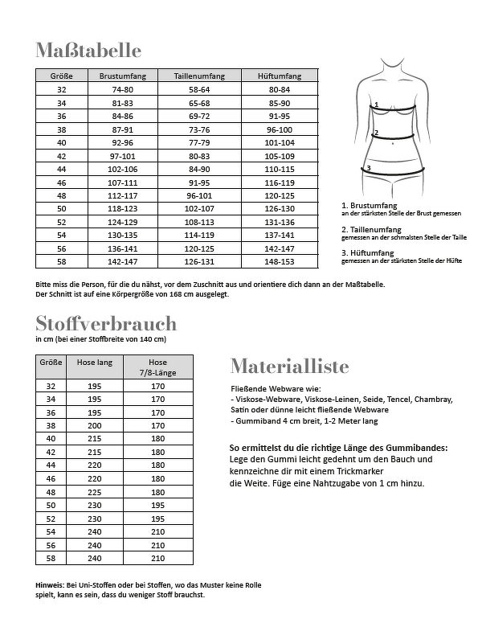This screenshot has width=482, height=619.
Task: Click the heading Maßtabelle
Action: pos(88,50)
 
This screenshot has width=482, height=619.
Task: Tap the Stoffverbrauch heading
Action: pos(105,323)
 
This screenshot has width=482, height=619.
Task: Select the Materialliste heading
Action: pos(289,367)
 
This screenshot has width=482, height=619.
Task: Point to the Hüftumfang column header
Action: pos(280,76)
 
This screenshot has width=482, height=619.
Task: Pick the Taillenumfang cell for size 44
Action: pos(199,169)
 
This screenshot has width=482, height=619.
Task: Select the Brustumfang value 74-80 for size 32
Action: pos(122,89)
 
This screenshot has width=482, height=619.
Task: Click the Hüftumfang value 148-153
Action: pos(280,261)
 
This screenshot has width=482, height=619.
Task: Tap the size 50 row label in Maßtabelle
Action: pos(62,208)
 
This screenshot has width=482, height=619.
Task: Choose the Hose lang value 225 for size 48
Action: pos(94,491)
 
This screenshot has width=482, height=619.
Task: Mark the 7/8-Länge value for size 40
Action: pos(157,439)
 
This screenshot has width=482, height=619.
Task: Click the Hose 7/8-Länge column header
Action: pos(157,367)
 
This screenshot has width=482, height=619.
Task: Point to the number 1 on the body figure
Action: pos(376,105)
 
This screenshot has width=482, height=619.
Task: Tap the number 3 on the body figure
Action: pos(368,168)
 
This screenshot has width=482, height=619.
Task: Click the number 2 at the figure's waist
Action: pos(376,133)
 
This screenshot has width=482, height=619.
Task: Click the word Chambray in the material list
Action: pos(434,399)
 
